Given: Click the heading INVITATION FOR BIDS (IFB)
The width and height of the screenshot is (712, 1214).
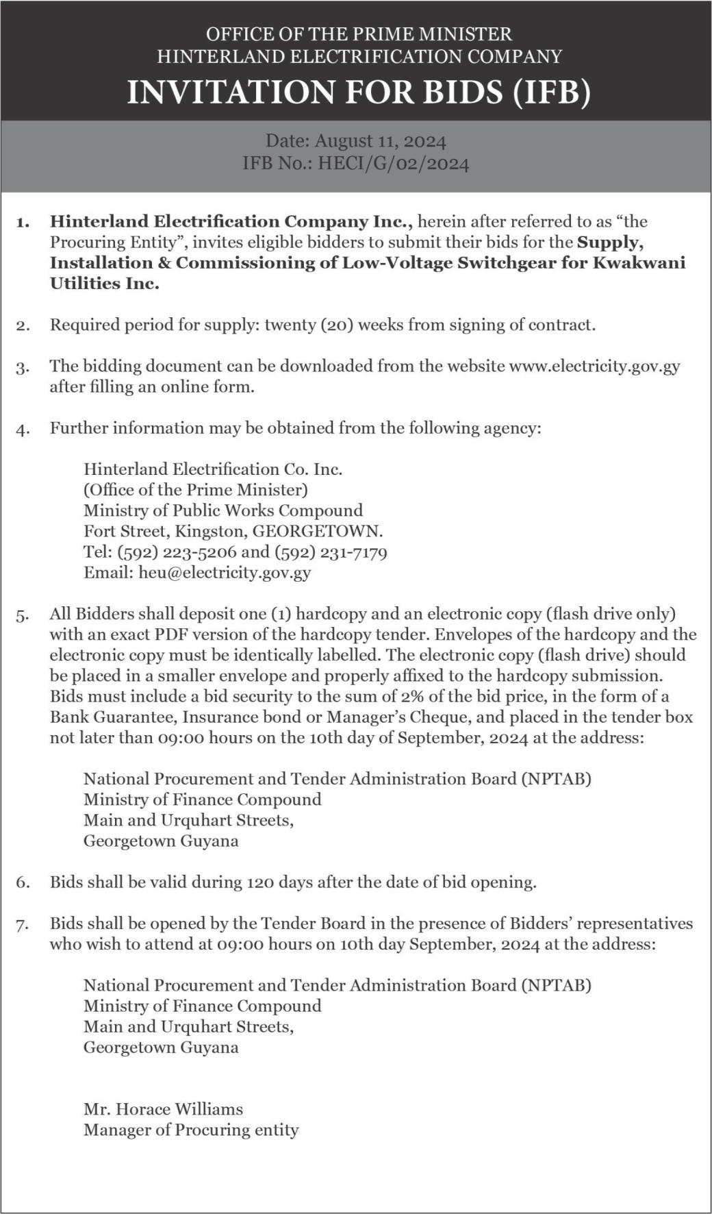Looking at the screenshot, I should coord(359,92).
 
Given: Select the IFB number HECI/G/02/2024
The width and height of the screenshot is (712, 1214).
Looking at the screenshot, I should coord(393,164).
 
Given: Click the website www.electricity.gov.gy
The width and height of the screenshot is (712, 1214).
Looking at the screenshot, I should coord(594,366).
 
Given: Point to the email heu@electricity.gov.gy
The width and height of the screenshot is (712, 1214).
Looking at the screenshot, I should coord(225,572).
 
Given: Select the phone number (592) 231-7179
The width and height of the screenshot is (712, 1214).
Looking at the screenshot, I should coord(331,552).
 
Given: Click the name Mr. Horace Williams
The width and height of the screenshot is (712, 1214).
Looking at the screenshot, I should coord(163,1108).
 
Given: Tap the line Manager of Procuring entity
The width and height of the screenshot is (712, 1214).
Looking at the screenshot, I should coord(191,1129).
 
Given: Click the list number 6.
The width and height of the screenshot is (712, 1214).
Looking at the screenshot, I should coord(23,882).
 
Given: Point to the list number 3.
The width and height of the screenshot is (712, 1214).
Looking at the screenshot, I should coord(23,367).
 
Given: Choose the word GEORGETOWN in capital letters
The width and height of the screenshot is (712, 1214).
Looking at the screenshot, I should coord(317,531).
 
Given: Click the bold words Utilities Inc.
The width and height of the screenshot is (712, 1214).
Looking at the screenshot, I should coord(104,284).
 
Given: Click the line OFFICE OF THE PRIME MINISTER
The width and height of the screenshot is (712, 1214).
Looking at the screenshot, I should coord(359,34).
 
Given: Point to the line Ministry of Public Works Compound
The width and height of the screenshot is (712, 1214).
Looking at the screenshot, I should coord(223,510).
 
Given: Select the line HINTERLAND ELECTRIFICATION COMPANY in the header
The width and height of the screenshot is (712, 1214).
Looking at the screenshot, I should coord(359,56).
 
